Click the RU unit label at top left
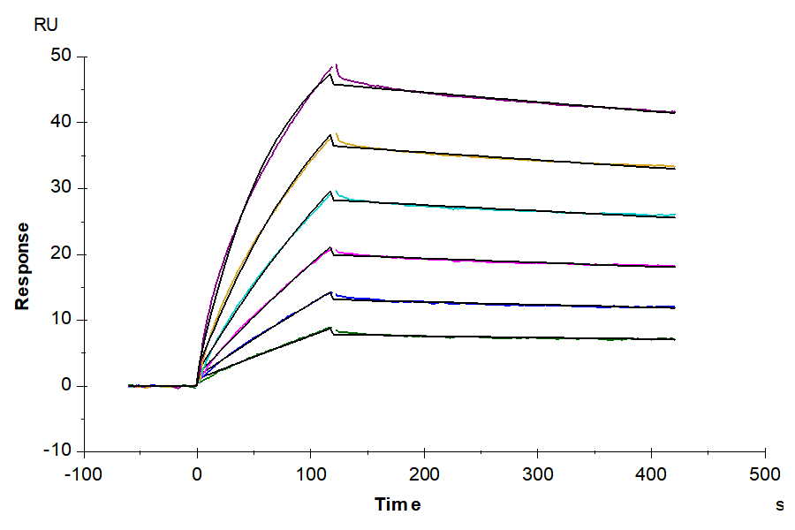click(x=46, y=24)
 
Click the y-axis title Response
click(x=22, y=265)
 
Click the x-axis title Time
click(x=397, y=504)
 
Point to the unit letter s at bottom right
click(x=780, y=505)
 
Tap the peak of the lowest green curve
click(x=331, y=328)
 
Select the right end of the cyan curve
click(x=675, y=215)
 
